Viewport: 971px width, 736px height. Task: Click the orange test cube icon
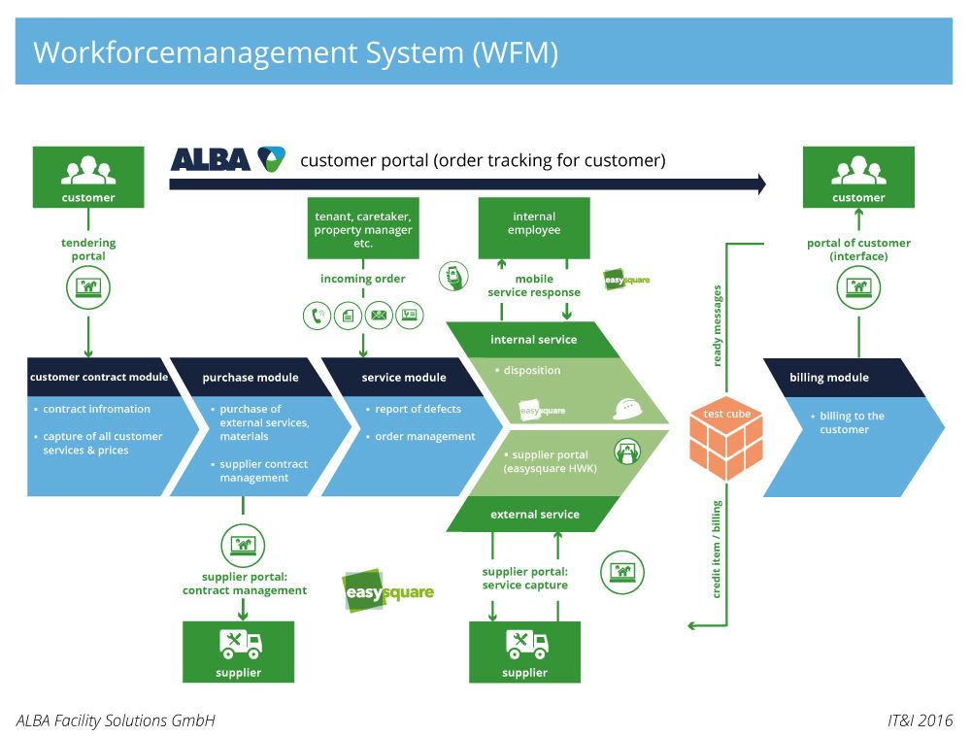point(726,443)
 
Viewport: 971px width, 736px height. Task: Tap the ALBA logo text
point(211,159)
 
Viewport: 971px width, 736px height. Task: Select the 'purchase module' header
point(251,377)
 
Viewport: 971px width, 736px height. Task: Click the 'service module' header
point(404,377)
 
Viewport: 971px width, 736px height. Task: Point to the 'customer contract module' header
point(99,377)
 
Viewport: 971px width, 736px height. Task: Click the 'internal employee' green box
point(534,227)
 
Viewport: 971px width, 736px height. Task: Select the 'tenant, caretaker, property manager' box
point(363,228)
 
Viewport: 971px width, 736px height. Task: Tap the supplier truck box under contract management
point(239,651)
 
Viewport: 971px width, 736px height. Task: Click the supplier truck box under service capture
point(525,652)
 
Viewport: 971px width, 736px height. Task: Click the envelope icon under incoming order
point(379,316)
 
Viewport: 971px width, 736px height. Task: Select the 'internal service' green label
point(533,340)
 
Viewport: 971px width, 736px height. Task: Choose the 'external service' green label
point(534,514)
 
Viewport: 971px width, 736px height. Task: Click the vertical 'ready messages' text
point(718,325)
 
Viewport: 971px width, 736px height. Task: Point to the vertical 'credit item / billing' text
point(718,550)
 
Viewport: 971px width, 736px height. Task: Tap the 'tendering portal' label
point(88,250)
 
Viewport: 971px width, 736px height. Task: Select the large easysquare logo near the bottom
point(388,589)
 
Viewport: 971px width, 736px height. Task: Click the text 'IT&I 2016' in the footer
point(920,720)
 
